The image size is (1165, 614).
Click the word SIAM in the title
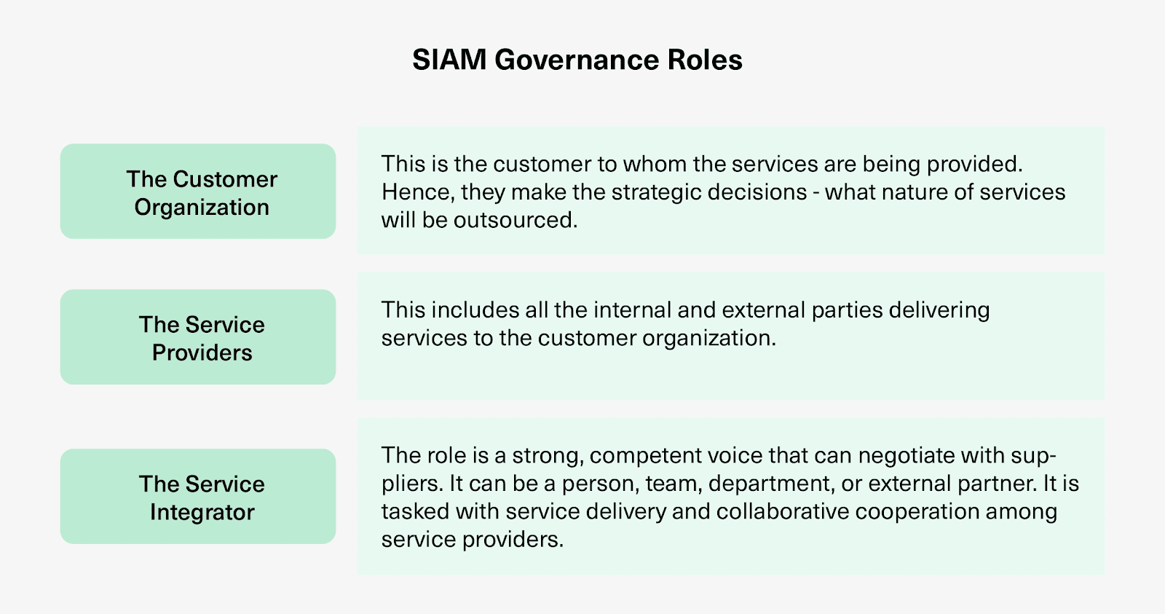[x=449, y=59]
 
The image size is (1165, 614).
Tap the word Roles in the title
[x=705, y=59]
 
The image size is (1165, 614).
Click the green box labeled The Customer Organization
[x=197, y=192]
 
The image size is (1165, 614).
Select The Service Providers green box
[x=197, y=337]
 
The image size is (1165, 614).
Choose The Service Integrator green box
[x=197, y=497]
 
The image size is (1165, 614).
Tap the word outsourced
[x=516, y=220]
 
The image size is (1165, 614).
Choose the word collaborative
[x=783, y=511]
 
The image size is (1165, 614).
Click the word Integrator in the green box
[x=202, y=513]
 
